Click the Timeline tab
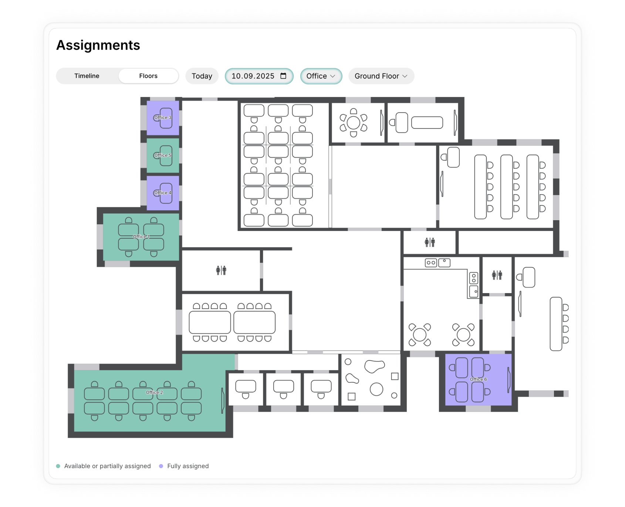coord(87,76)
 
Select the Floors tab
coord(148,76)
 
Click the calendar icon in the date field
coord(283,76)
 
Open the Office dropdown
coord(321,76)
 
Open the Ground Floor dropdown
coord(381,76)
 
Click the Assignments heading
coord(98,45)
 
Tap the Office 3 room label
coord(163,118)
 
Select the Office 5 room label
coord(163,155)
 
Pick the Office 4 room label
coord(163,193)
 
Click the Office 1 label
coord(141,237)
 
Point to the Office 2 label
coord(154,393)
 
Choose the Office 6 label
coord(478,379)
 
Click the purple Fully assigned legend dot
coord(161,466)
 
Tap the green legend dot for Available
coord(58,466)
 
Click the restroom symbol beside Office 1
coord(221,271)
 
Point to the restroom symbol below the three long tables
coord(430,242)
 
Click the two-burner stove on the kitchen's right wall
coord(474,278)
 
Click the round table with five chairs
coord(354,122)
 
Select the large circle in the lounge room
coord(376,389)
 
